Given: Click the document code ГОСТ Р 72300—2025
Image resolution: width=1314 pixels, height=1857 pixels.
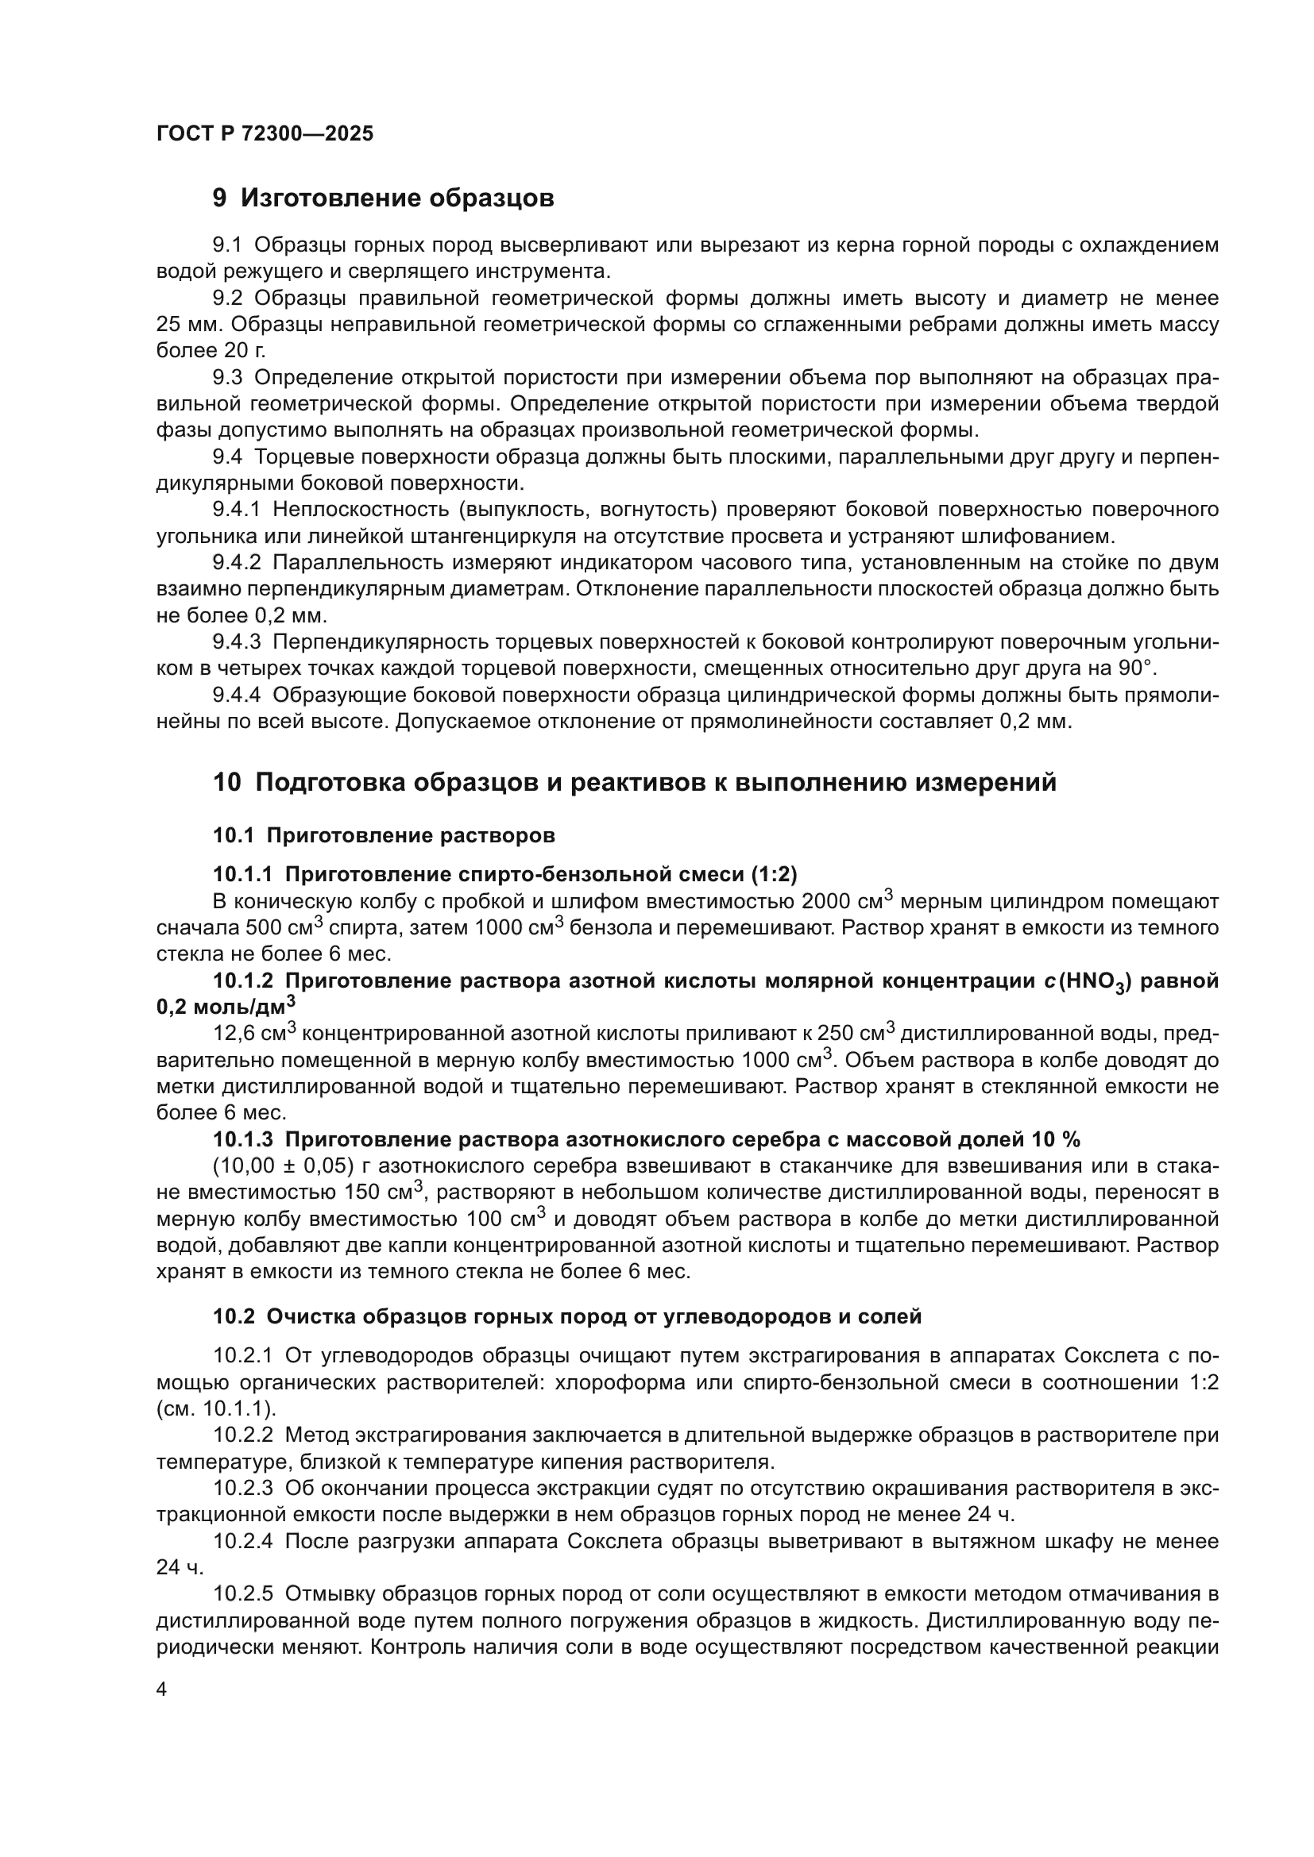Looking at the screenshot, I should tap(265, 133).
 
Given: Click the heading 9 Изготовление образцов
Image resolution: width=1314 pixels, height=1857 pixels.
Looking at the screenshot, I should tap(383, 198).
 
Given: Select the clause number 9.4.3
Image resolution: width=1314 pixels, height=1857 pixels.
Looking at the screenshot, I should tap(236, 642).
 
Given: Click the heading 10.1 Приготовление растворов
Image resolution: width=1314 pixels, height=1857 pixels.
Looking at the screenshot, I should tap(385, 834).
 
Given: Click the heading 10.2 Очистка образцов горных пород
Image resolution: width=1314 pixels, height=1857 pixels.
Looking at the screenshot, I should tap(566, 1316).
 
